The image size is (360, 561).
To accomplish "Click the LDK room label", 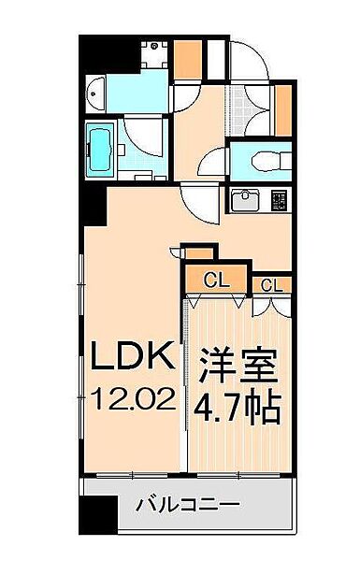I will point(131,355).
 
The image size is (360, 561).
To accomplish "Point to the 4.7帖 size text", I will point(236,408).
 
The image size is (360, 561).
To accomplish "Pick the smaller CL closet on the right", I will point(273,284).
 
